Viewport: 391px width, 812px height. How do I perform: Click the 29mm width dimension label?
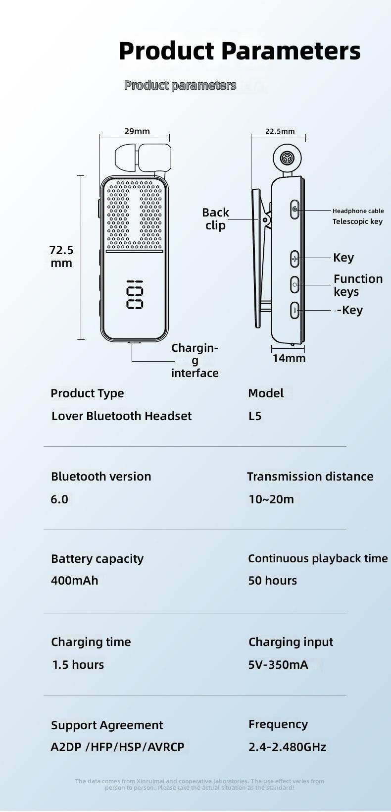tap(137, 131)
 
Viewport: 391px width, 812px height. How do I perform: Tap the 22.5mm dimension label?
tap(280, 131)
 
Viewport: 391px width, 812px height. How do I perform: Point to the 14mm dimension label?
tap(289, 358)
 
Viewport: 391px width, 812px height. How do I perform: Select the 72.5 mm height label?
tap(61, 257)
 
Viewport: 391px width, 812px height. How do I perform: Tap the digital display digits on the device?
tap(135, 296)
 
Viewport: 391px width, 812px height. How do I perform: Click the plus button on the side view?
tap(294, 259)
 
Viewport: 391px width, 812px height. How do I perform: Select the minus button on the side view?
tap(294, 311)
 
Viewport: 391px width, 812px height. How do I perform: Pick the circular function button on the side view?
tap(294, 284)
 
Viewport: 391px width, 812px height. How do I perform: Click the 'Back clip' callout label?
tap(215, 219)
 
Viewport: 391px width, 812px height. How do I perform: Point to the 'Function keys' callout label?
tap(357, 285)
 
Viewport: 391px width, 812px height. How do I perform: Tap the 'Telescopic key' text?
tap(357, 221)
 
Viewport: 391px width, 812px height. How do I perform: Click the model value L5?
tap(255, 416)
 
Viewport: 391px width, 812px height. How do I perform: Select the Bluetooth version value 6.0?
tap(59, 499)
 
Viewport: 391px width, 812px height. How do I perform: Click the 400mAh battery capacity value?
tap(75, 581)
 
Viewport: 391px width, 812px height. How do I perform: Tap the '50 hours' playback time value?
tap(273, 581)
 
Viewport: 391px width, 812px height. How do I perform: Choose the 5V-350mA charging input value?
tap(278, 665)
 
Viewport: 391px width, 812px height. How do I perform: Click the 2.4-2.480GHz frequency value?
tap(287, 747)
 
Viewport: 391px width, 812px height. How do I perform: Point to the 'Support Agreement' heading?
tap(107, 725)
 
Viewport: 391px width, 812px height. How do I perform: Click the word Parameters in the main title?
tap(291, 51)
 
